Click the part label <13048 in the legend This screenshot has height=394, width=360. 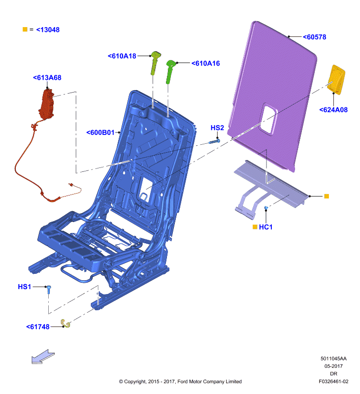(x=48, y=30)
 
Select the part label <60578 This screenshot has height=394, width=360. (x=315, y=37)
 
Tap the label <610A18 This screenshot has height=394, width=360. (x=122, y=56)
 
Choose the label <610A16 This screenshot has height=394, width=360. (x=206, y=64)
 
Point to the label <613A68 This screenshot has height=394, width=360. (x=47, y=78)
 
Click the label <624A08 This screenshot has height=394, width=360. (x=333, y=110)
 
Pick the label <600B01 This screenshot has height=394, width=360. (x=100, y=132)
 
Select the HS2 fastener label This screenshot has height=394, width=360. (x=217, y=128)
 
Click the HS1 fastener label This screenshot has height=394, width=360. (x=24, y=287)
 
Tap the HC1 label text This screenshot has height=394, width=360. (x=266, y=227)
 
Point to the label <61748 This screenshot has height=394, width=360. (x=38, y=327)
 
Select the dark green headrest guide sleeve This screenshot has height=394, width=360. (x=170, y=71)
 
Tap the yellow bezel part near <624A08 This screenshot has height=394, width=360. (x=337, y=80)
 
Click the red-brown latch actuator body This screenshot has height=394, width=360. (x=46, y=104)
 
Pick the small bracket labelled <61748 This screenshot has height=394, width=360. (x=65, y=324)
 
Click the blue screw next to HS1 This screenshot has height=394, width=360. (x=49, y=290)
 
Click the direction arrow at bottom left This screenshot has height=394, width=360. (x=43, y=357)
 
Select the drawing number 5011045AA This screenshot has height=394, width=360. (x=333, y=359)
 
